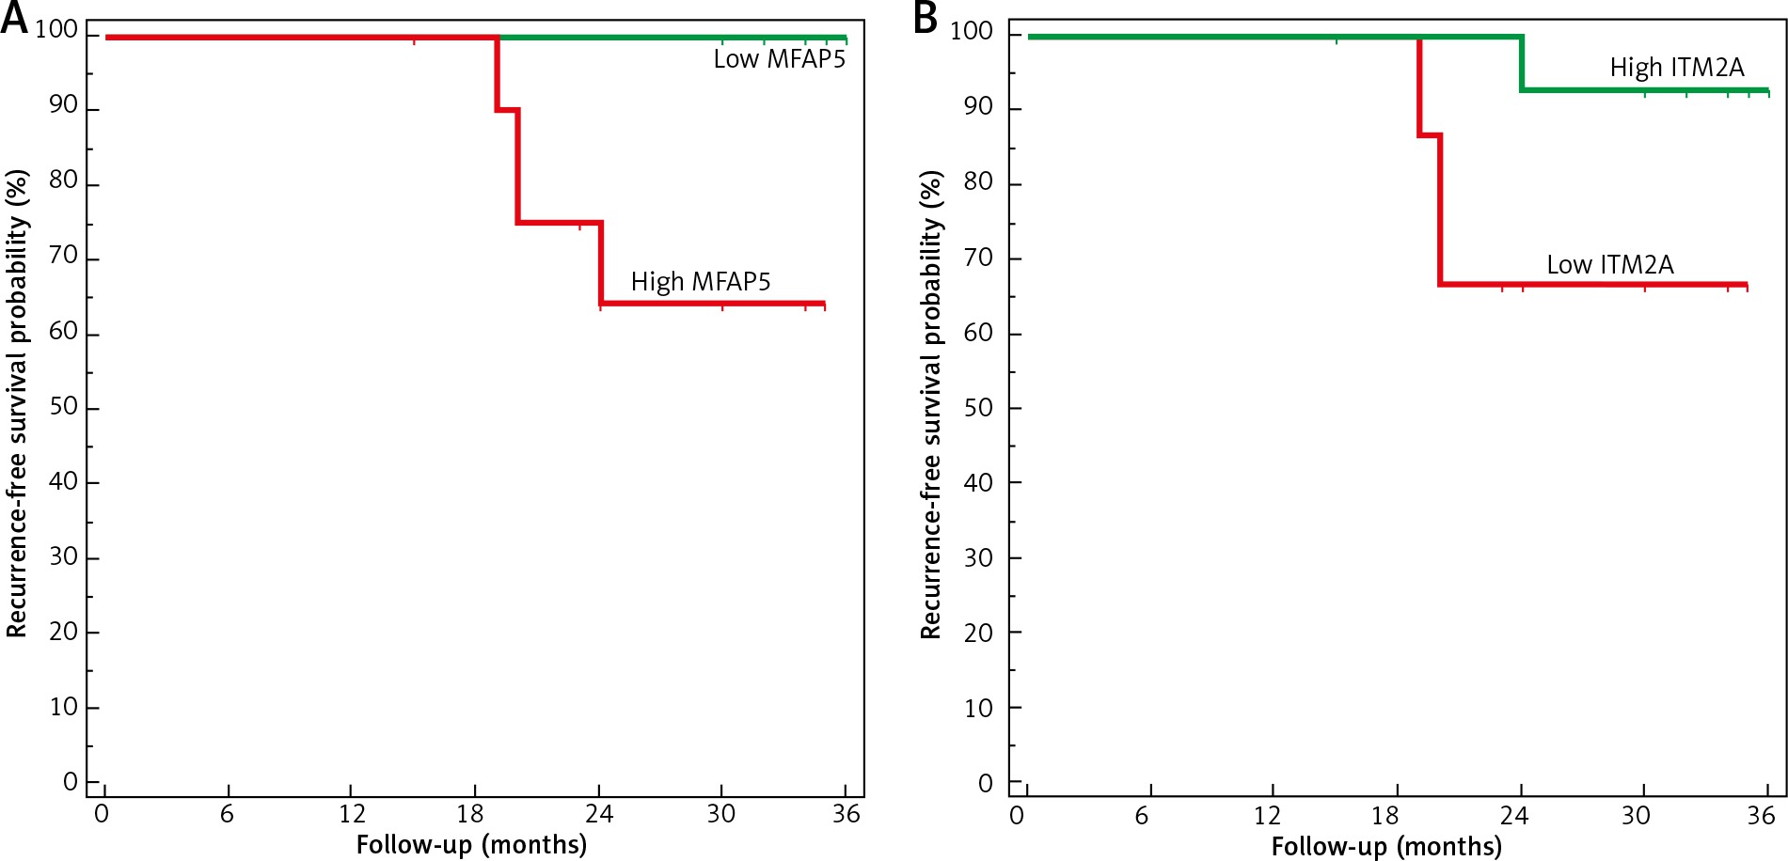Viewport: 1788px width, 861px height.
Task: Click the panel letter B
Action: (926, 18)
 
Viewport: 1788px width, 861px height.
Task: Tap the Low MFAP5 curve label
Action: (779, 59)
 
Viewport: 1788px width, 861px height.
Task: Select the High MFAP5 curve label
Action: (700, 282)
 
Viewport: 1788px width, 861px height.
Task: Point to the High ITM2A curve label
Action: (1676, 68)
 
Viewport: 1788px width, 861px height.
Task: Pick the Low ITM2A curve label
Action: (1609, 265)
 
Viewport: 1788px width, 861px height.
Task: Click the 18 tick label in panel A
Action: (470, 814)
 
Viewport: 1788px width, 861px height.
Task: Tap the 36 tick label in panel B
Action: (1761, 816)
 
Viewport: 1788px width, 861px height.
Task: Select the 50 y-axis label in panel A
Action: (63, 407)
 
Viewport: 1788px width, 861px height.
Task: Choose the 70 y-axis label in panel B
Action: (978, 258)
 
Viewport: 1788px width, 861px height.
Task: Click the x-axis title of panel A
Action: (471, 844)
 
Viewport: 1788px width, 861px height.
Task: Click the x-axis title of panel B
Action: (1385, 846)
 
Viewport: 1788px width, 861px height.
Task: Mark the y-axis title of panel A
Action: (17, 404)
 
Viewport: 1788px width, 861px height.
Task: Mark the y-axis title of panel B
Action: (931, 404)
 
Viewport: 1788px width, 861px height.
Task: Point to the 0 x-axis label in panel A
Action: (102, 814)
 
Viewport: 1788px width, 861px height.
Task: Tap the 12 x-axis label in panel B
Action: (1267, 816)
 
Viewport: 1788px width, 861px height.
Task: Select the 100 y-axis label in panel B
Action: (972, 31)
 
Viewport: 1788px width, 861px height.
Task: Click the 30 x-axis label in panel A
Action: (720, 814)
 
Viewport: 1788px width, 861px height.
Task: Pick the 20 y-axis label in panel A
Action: (63, 632)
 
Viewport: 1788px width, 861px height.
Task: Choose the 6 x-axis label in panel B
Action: (1142, 816)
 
